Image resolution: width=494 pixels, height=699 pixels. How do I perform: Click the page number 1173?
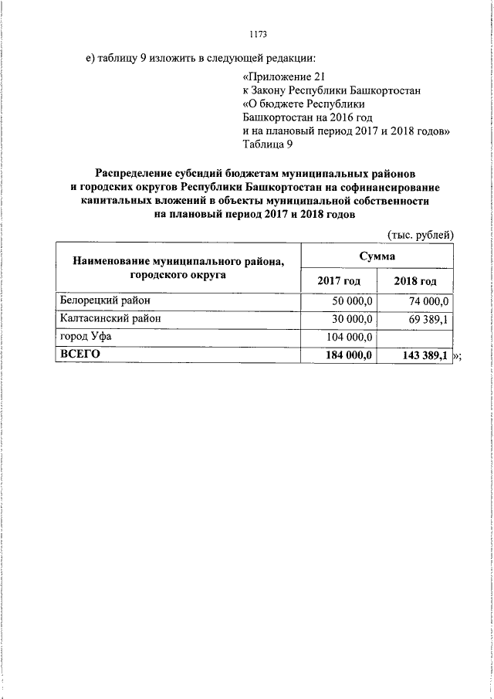(x=259, y=33)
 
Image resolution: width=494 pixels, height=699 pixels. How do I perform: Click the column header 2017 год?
(x=339, y=280)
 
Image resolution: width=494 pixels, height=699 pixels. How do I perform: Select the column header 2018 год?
(x=415, y=280)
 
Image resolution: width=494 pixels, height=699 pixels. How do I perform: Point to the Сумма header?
(x=377, y=256)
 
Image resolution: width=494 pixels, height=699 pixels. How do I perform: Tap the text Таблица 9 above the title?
(x=267, y=144)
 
